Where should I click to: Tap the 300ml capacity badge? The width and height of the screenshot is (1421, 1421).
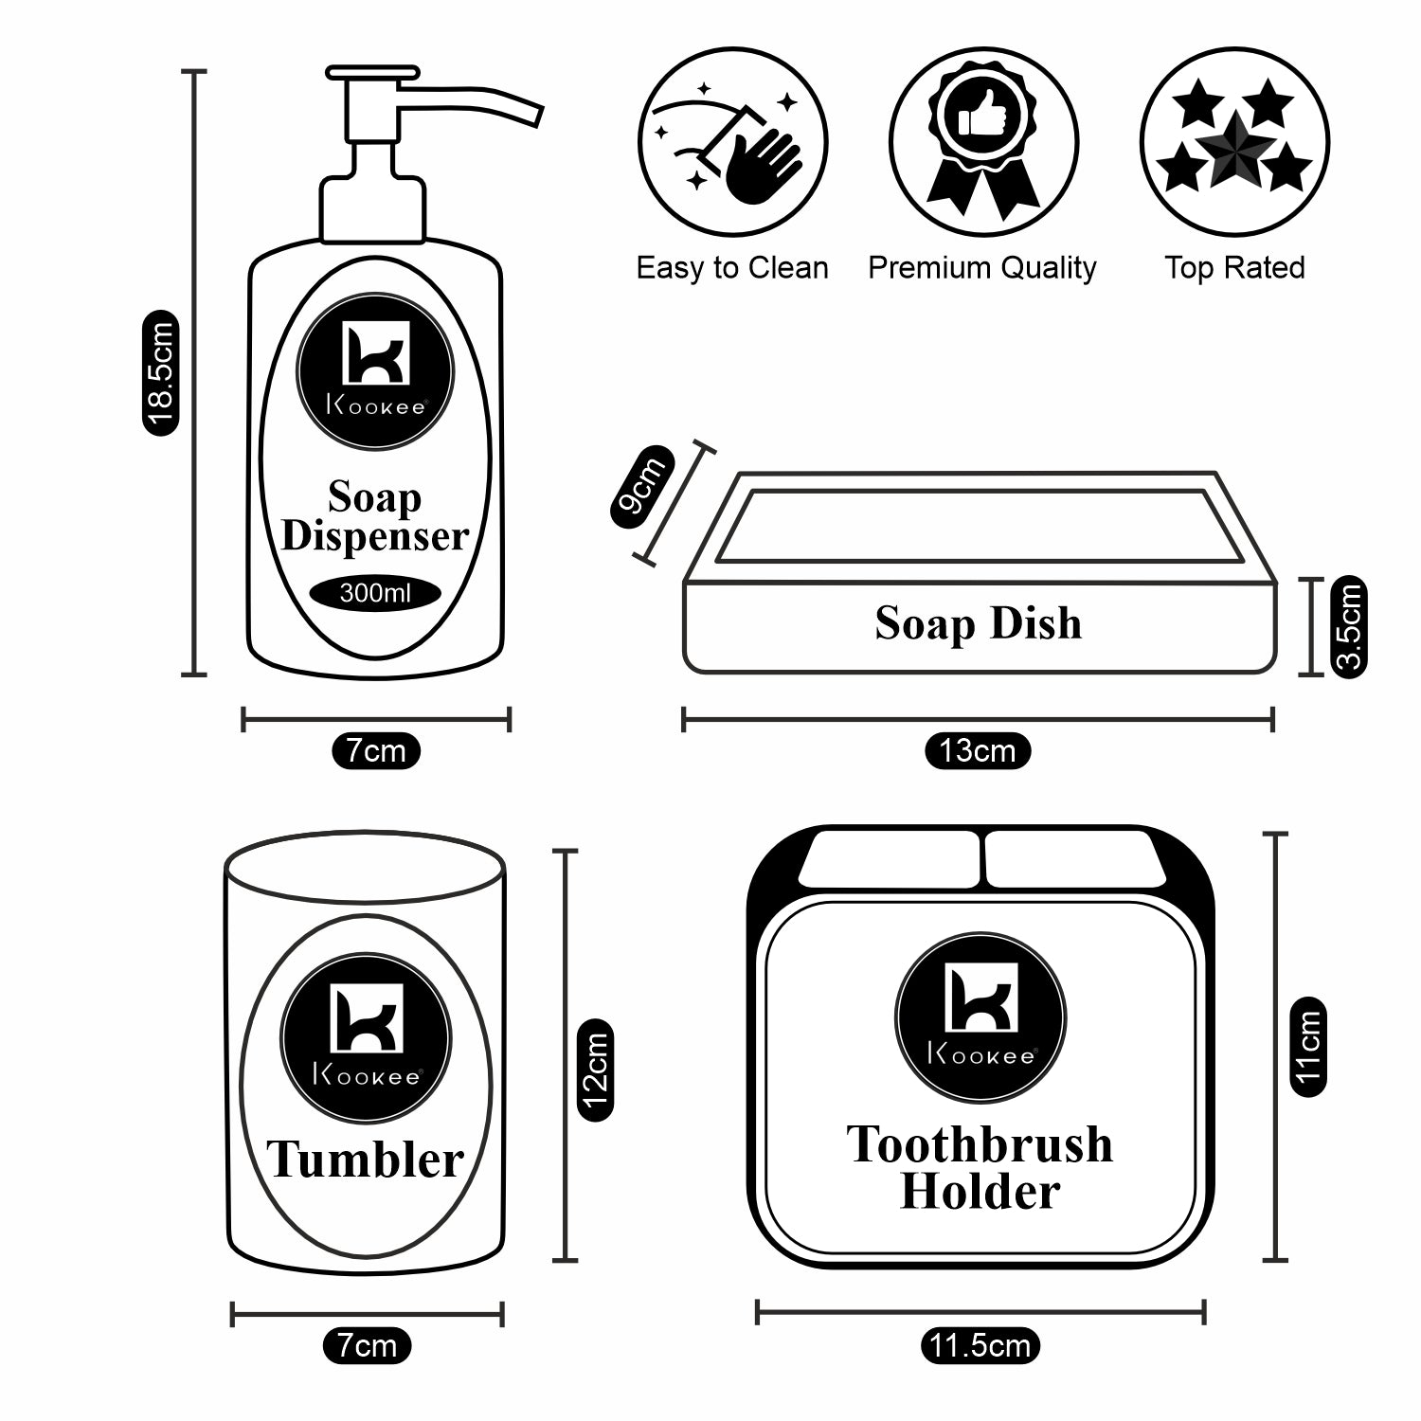pyautogui.click(x=375, y=594)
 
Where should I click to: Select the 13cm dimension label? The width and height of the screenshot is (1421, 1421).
pyautogui.click(x=977, y=751)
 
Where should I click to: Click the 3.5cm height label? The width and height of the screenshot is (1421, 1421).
pyautogui.click(x=1348, y=625)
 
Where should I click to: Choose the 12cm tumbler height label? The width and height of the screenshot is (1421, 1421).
pyautogui.click(x=594, y=1070)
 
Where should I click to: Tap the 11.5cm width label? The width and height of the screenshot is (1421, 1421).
pyautogui.click(x=980, y=1345)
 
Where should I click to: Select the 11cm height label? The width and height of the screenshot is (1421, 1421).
pyautogui.click(x=1308, y=1046)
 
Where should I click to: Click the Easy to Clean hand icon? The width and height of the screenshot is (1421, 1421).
pyautogui.click(x=732, y=142)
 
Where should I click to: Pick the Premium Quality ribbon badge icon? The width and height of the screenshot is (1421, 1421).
pyautogui.click(x=983, y=142)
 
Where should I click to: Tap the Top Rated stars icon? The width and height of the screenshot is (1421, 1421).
pyautogui.click(x=1234, y=142)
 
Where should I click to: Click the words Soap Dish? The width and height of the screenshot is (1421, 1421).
pyautogui.click(x=978, y=623)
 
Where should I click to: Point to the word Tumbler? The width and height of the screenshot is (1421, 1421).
pyautogui.click(x=365, y=1160)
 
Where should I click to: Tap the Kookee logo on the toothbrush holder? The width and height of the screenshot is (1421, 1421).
pyautogui.click(x=980, y=1016)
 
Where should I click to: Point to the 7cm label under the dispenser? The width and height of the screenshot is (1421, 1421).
pyautogui.click(x=375, y=751)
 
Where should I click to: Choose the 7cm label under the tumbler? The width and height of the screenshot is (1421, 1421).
pyautogui.click(x=367, y=1345)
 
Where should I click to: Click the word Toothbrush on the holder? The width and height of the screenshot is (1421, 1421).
pyautogui.click(x=980, y=1144)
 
